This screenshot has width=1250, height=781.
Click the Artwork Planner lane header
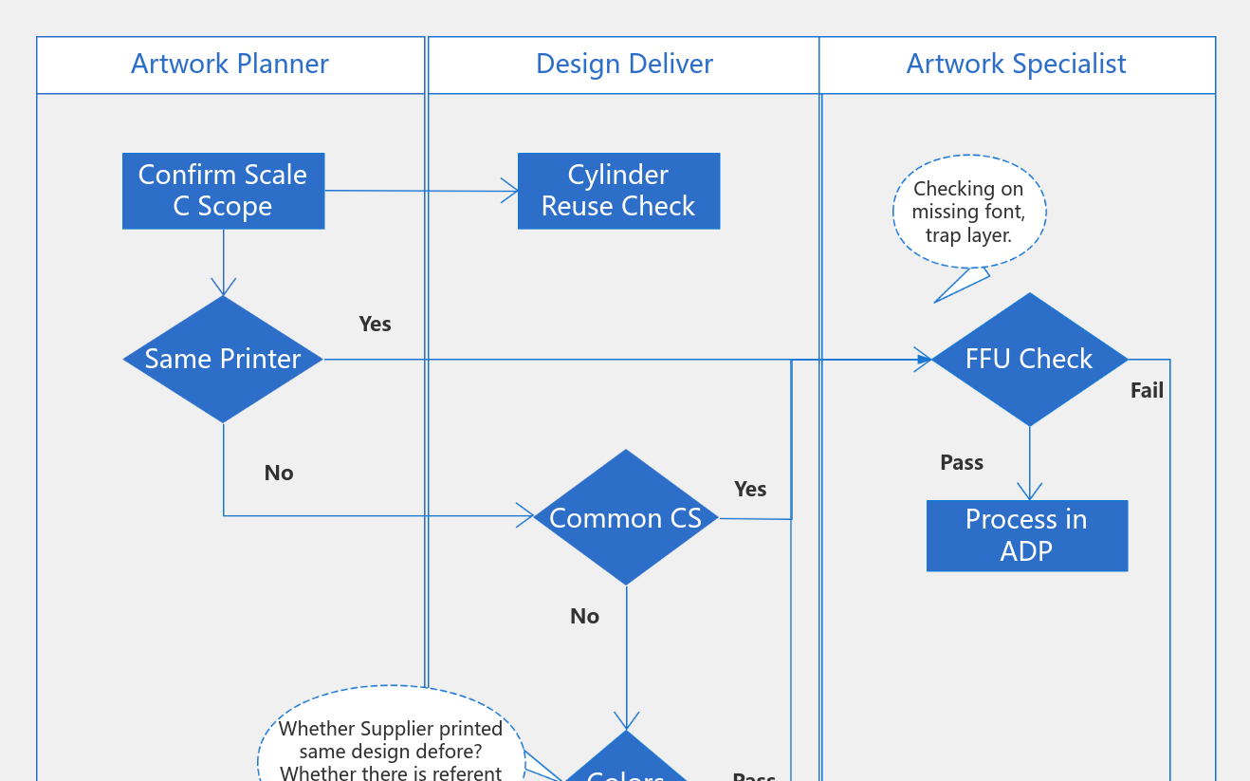(x=230, y=65)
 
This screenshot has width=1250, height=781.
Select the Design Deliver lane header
(x=624, y=65)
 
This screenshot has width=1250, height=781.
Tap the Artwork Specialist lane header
(x=1016, y=65)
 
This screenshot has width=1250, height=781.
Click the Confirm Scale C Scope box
(x=223, y=191)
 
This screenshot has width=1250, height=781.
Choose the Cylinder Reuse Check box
(x=618, y=191)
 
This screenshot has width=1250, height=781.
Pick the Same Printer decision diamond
(x=223, y=359)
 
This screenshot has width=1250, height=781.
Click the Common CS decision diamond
(x=626, y=517)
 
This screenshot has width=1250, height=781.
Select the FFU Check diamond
(x=1029, y=359)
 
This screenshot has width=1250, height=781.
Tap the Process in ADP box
(x=1027, y=535)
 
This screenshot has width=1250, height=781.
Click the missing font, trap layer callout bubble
(x=968, y=212)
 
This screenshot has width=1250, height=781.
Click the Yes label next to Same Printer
(x=375, y=324)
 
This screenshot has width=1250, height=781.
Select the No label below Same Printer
(x=279, y=473)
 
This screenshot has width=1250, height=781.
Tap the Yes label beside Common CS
(x=750, y=489)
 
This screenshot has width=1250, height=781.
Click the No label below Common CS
(x=585, y=616)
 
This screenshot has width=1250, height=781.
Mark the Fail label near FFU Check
(x=1147, y=390)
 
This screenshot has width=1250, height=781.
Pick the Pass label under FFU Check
(x=962, y=462)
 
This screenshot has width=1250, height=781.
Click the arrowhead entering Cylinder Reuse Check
(x=509, y=192)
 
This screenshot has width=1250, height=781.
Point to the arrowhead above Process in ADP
(x=1029, y=492)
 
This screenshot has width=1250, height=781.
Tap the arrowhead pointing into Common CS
(x=524, y=516)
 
